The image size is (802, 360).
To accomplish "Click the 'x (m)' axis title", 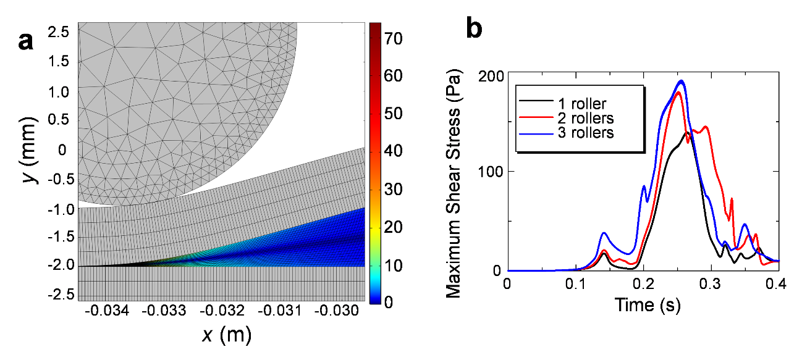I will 226,335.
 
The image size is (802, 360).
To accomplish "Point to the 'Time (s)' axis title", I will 642,303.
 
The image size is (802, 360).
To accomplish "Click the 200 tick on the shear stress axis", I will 491,72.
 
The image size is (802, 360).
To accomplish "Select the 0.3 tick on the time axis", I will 711,283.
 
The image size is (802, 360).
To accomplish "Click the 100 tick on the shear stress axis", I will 491,172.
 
